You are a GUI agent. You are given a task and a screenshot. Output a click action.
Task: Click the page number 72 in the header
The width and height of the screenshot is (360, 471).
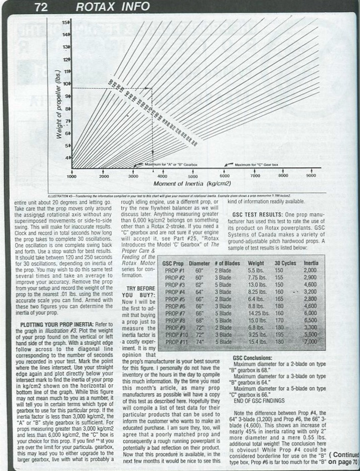point(41,7)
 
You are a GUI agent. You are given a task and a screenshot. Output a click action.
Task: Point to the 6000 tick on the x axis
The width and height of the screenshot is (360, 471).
point(224,176)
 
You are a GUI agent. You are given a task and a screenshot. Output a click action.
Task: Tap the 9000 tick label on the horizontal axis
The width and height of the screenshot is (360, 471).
point(311,176)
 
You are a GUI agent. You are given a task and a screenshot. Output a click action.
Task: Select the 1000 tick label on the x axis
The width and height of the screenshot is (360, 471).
point(71,176)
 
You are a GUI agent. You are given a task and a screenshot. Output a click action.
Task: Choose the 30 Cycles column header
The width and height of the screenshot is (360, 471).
point(284,263)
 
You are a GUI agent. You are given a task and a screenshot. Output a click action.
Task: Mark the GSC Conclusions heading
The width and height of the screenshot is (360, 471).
point(254,358)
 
